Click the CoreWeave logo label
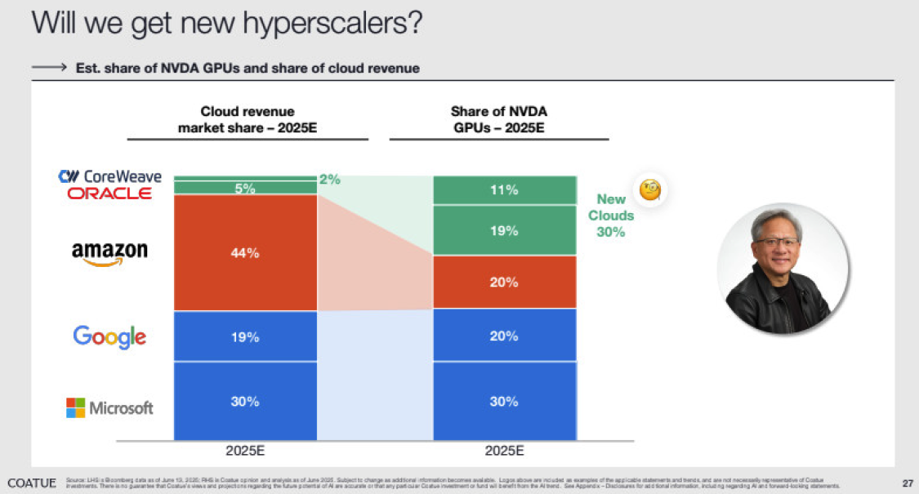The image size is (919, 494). (110, 176)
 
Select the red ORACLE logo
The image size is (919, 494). (109, 194)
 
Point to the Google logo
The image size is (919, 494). (109, 336)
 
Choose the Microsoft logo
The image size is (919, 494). (109, 407)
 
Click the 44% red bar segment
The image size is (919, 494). (245, 253)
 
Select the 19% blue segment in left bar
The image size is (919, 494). (245, 336)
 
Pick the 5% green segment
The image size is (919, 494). (245, 188)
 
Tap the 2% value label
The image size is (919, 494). (329, 179)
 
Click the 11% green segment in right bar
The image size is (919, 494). (504, 190)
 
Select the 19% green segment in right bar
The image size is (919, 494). (504, 230)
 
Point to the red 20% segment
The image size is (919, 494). (504, 282)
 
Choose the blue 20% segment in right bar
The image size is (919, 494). (504, 336)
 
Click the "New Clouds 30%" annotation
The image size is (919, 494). (610, 216)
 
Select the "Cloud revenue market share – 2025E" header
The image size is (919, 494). (248, 119)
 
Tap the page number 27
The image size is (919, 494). (907, 481)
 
